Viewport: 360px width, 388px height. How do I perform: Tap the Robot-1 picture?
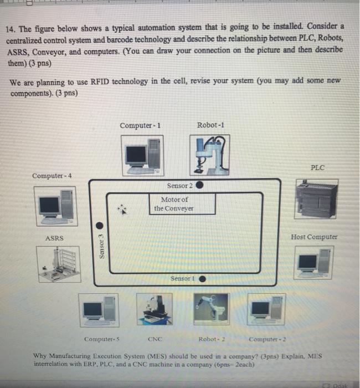210,153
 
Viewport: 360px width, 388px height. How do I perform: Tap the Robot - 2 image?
211,309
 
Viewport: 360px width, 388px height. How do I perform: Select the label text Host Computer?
314,237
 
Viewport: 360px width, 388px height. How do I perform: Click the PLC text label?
318,166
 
